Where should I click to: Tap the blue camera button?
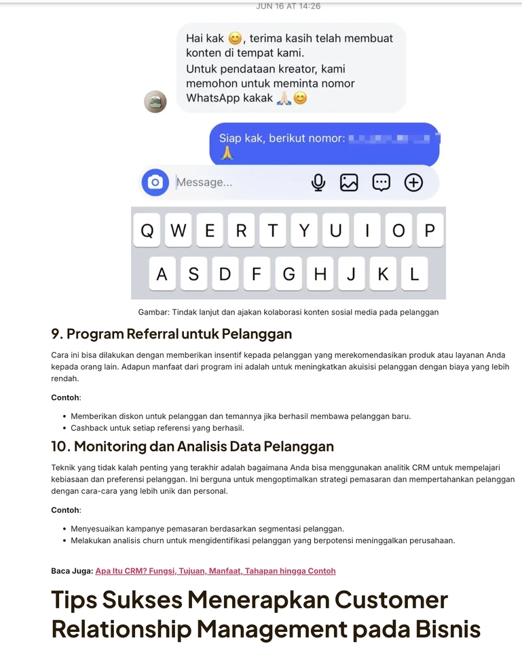pyautogui.click(x=155, y=182)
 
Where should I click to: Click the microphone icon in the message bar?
pyautogui.click(x=318, y=182)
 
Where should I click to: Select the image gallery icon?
pyautogui.click(x=349, y=182)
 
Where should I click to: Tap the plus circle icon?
pyautogui.click(x=413, y=182)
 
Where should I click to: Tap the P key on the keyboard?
pyautogui.click(x=429, y=231)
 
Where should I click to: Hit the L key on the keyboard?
pyautogui.click(x=414, y=275)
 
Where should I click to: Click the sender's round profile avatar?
pyautogui.click(x=155, y=102)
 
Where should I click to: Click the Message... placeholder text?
pyautogui.click(x=204, y=182)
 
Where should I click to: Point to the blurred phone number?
pyautogui.click(x=394, y=139)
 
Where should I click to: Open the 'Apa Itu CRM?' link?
pyautogui.click(x=215, y=571)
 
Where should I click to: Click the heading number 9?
pyautogui.click(x=56, y=334)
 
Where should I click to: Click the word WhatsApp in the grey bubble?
pyautogui.click(x=212, y=98)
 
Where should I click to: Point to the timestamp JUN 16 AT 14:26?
pyautogui.click(x=288, y=6)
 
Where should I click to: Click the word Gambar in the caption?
pyautogui.click(x=153, y=313)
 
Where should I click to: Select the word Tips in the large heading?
pyautogui.click(x=74, y=600)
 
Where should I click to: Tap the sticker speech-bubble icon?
pyautogui.click(x=381, y=182)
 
